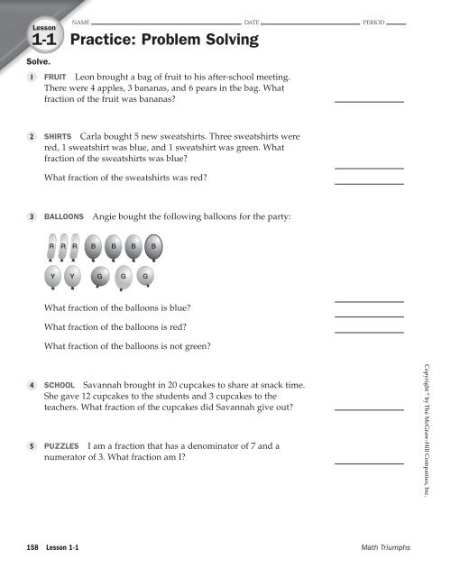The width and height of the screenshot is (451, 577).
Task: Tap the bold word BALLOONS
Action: coord(64,217)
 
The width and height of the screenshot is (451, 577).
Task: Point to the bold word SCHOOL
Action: coord(60,384)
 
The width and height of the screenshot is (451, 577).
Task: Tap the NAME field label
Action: coord(80,19)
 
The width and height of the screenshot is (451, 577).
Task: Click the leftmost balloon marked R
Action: coord(53,246)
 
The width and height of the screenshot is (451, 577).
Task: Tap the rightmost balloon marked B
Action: coord(154,246)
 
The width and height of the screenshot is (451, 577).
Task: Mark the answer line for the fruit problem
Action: coord(368,102)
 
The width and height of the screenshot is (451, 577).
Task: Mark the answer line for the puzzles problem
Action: coord(368,463)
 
